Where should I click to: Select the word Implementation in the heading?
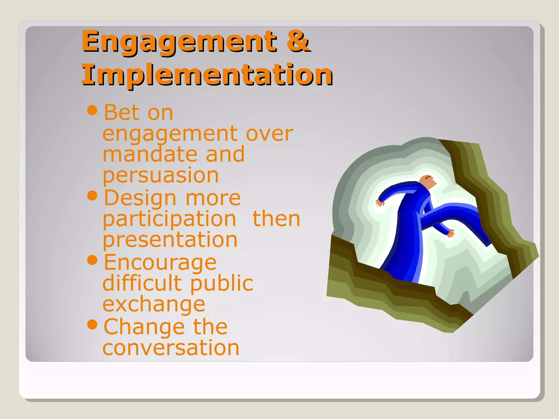(207, 75)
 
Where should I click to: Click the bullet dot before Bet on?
(92, 110)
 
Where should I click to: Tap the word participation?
(169, 219)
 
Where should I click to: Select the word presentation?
(170, 240)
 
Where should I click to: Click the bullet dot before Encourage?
(92, 260)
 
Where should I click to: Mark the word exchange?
(154, 304)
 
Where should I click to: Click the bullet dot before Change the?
(92, 324)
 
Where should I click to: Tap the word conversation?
(171, 348)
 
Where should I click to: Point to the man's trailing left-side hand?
(379, 203)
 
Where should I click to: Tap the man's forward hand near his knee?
(450, 233)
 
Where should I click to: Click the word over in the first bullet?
(269, 134)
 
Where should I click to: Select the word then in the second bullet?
(276, 219)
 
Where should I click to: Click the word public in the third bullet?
(222, 283)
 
